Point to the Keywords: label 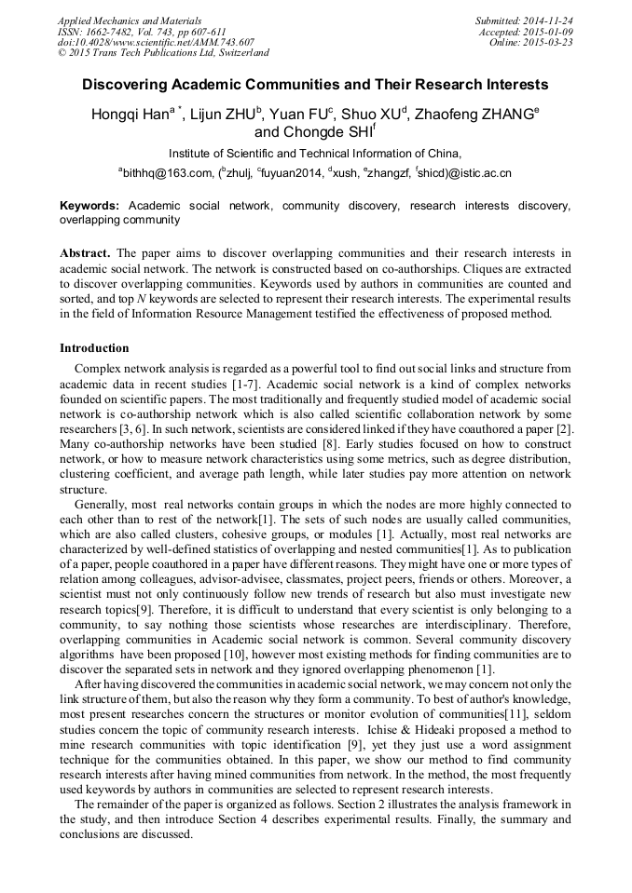(89, 205)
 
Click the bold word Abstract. (87, 253)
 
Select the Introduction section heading (94, 348)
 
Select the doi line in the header (156, 42)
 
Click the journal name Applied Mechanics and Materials (129, 20)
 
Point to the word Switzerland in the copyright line (240, 53)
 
